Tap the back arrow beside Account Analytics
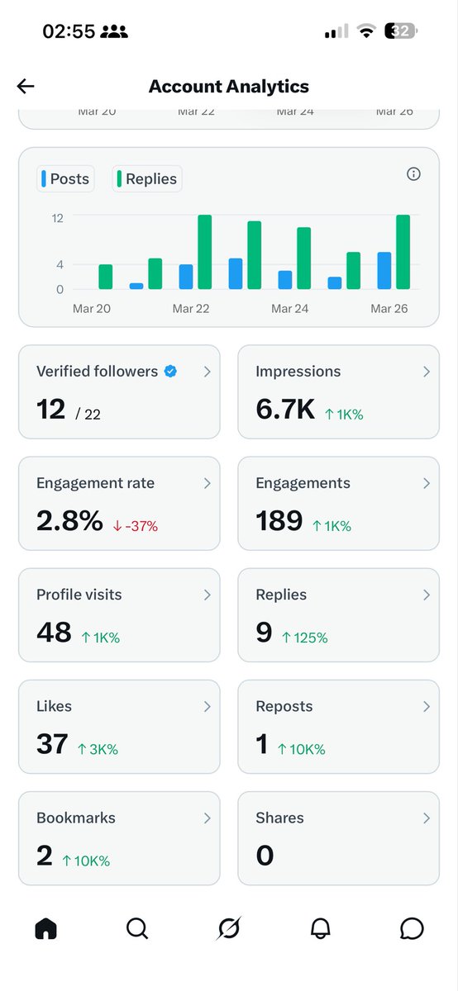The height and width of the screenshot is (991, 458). click(26, 86)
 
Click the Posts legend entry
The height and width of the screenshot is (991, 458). click(64, 178)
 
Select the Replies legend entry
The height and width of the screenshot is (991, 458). click(146, 178)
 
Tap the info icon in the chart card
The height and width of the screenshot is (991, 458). click(414, 174)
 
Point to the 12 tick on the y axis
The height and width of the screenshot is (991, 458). click(57, 218)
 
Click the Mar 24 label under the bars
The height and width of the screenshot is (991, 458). click(290, 309)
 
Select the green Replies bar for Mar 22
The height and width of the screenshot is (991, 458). click(204, 252)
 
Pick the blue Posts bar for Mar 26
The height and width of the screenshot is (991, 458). click(384, 271)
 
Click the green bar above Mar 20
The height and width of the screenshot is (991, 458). click(105, 277)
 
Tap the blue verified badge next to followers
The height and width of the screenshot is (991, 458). click(170, 372)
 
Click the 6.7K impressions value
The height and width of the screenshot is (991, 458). click(285, 409)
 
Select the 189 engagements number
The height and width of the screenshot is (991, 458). click(279, 521)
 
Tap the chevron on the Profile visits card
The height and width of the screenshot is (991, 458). click(207, 595)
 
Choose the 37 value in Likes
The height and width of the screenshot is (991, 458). click(52, 744)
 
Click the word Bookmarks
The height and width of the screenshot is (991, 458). click(76, 818)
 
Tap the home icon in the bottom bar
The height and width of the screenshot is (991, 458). click(46, 929)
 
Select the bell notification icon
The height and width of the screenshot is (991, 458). click(321, 929)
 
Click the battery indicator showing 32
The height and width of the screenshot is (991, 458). click(403, 31)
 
